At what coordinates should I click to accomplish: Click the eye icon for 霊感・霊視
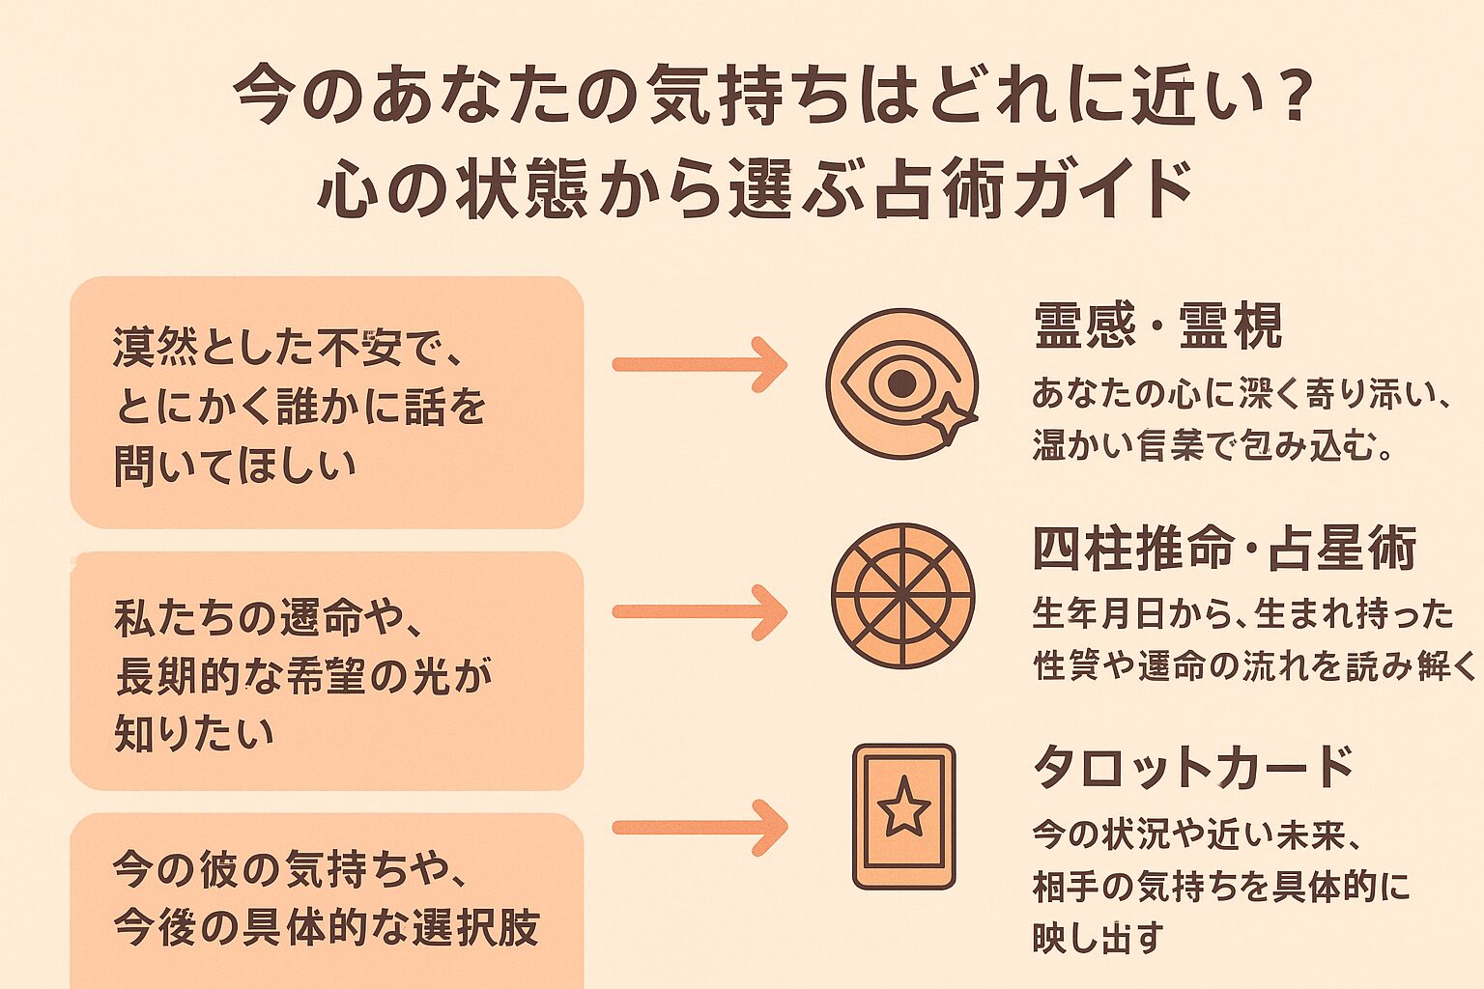point(900,383)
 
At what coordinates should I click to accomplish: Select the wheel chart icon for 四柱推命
point(902,596)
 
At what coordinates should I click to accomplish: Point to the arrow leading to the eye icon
point(699,364)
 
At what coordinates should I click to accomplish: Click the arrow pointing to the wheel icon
point(699,611)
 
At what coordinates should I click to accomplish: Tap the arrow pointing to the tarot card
point(699,827)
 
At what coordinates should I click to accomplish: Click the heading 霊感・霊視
point(1157,326)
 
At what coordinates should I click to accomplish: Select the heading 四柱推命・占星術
point(1224,549)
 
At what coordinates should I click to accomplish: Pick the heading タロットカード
point(1193,768)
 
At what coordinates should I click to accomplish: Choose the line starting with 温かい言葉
point(1213,446)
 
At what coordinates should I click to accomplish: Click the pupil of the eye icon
point(900,383)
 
